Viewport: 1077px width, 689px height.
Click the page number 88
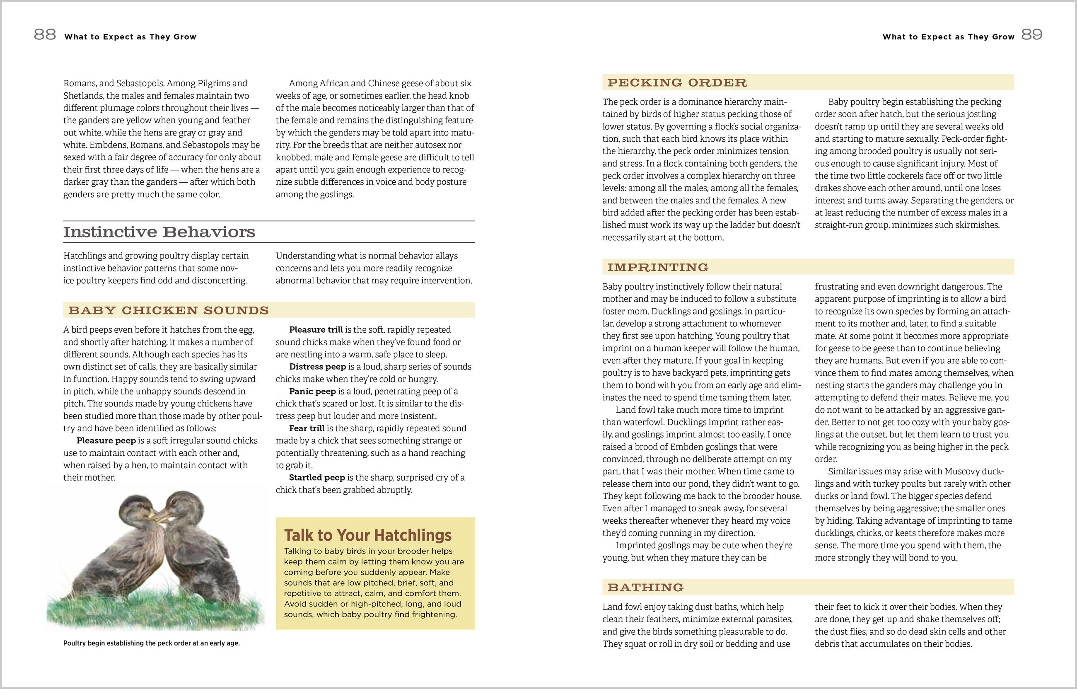click(45, 34)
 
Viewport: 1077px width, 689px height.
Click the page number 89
click(1032, 34)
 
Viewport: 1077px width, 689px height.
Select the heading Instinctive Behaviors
click(159, 232)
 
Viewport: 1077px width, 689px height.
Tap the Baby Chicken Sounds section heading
click(169, 310)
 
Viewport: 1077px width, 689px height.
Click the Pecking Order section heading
click(677, 83)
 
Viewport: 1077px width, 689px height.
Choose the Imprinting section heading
click(658, 268)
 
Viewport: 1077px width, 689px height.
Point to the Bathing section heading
click(645, 587)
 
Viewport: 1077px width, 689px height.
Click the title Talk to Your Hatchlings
click(368, 535)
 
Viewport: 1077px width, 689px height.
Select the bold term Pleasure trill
click(316, 330)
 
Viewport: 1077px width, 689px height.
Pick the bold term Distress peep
click(318, 367)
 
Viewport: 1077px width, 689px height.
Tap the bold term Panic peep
click(312, 392)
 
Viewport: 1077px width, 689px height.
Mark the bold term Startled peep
click(316, 478)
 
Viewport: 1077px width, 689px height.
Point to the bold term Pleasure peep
click(106, 441)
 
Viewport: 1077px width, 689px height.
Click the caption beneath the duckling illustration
click(151, 643)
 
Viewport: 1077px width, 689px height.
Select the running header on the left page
click(130, 37)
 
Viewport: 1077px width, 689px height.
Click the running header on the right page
click(948, 37)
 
